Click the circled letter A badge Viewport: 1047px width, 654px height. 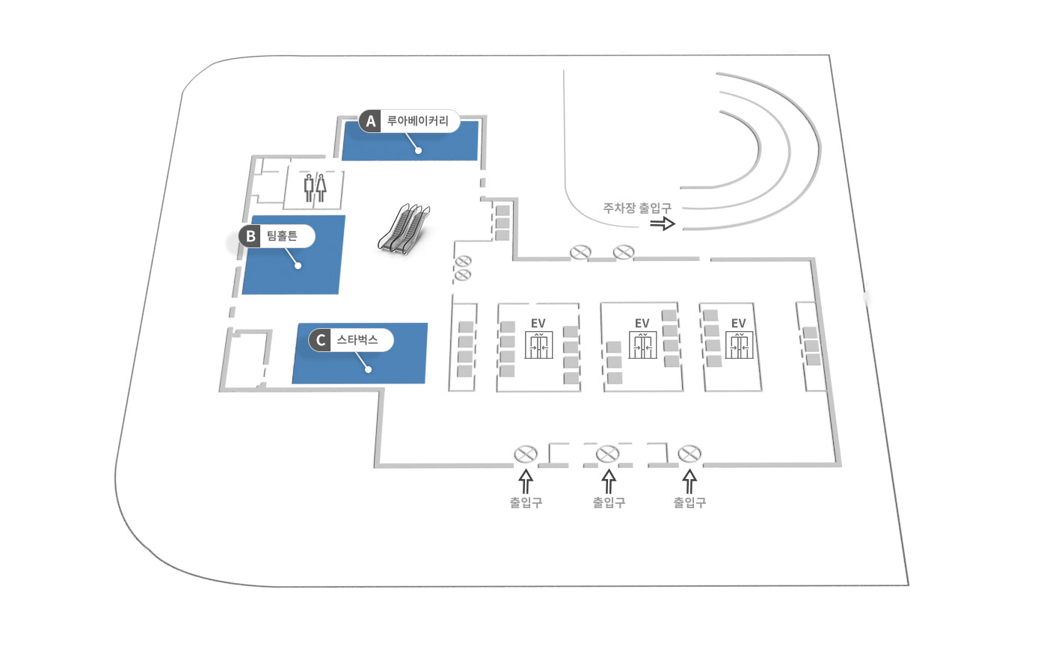point(370,121)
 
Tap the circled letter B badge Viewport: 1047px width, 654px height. point(250,236)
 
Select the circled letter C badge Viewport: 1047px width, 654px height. point(320,340)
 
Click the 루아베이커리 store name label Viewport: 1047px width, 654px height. point(417,121)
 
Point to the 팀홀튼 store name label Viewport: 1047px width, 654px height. point(282,236)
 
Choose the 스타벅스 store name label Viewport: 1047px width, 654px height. point(357,340)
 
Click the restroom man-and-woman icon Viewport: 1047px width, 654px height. point(315,188)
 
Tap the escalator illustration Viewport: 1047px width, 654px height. point(405,229)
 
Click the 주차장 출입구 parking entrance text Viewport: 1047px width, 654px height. point(637,208)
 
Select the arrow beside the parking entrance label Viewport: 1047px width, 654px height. point(663,223)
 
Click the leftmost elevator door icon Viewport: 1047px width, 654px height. point(538,346)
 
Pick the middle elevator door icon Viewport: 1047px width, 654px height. point(642,346)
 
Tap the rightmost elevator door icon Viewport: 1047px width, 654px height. point(739,346)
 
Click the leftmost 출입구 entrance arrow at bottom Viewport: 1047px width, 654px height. point(526,480)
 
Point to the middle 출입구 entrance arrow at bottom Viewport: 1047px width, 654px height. point(609,480)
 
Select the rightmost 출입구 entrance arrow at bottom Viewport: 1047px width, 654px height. point(690,480)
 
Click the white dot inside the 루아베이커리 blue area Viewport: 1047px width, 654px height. point(419,150)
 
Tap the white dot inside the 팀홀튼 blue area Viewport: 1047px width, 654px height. point(298,265)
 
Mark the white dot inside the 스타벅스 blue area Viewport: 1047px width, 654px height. point(368,369)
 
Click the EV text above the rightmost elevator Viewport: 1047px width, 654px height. point(739,323)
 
